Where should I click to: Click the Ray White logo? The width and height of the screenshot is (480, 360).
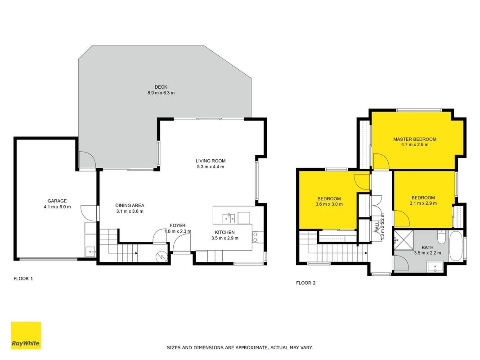tap(26, 335)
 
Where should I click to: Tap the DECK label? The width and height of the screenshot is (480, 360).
tap(161, 87)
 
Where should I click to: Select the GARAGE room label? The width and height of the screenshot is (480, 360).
tap(57, 201)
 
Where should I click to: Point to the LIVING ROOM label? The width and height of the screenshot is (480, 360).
tap(211, 161)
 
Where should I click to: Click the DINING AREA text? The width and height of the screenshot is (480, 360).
tap(130, 205)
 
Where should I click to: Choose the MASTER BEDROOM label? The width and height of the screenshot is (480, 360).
tap(415, 139)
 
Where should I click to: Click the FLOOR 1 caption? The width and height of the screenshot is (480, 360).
tap(23, 279)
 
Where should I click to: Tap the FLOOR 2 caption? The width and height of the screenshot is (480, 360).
tap(306, 283)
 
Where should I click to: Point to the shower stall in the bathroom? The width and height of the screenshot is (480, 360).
tap(404, 240)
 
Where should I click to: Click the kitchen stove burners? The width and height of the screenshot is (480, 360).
tap(255, 237)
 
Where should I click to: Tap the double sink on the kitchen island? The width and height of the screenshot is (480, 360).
tap(229, 218)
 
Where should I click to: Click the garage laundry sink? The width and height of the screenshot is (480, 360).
tap(90, 252)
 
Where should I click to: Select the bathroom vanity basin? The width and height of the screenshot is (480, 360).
tap(435, 267)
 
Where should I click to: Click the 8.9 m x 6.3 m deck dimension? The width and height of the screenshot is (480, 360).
tap(161, 93)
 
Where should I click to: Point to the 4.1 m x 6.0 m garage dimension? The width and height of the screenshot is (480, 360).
tap(57, 207)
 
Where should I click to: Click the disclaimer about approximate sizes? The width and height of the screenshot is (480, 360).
tap(240, 347)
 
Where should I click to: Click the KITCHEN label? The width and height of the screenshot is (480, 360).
tap(224, 232)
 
